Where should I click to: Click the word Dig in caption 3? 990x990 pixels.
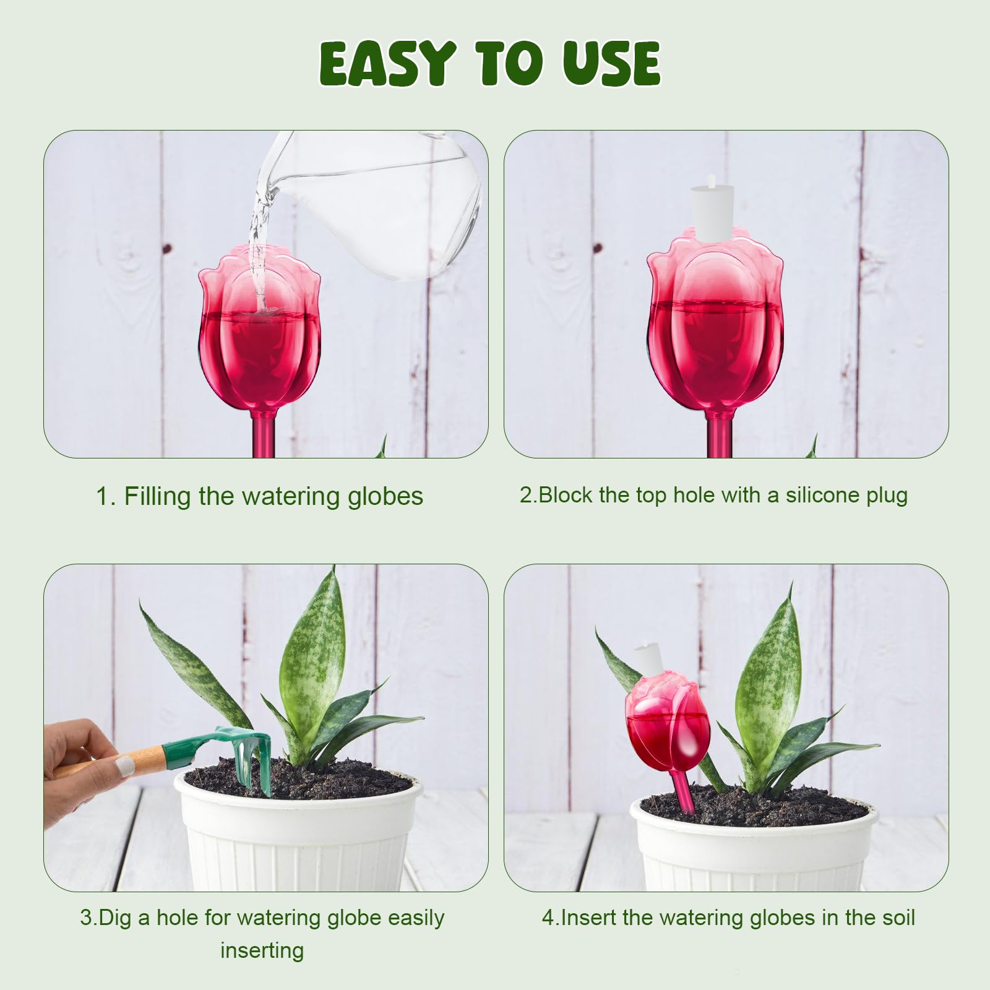pos(115,918)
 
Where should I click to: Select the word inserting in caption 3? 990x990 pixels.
pos(262,951)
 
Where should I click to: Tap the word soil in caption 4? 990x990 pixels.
pos(897,918)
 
